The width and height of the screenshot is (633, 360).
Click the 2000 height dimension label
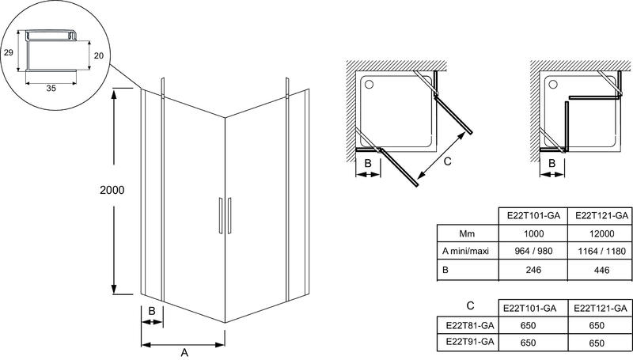[x=112, y=190]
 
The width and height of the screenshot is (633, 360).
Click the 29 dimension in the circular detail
[x=9, y=52]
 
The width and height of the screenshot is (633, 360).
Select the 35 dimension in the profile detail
[x=51, y=88]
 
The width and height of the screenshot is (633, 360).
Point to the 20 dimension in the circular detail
[x=99, y=55]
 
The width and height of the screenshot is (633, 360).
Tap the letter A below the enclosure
[x=184, y=352]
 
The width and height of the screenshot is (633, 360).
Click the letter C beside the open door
[x=447, y=161]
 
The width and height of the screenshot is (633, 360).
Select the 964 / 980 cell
[x=533, y=251]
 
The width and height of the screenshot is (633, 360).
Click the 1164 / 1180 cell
[x=601, y=251]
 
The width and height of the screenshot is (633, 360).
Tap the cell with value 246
[x=533, y=270]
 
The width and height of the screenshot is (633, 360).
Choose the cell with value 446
[x=601, y=270]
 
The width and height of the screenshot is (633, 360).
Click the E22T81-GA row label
[x=470, y=325]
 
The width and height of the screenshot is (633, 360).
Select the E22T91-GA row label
[x=470, y=342]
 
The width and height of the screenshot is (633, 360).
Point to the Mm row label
[x=467, y=233]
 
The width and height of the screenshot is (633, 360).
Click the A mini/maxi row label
[x=465, y=251]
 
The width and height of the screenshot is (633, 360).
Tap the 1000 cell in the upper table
[x=533, y=233]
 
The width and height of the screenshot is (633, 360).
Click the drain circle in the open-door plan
[x=369, y=85]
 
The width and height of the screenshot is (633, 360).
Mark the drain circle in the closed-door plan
[x=553, y=85]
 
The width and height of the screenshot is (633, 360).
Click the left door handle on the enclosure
[x=221, y=215]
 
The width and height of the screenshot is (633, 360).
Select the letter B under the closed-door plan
[x=552, y=164]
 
